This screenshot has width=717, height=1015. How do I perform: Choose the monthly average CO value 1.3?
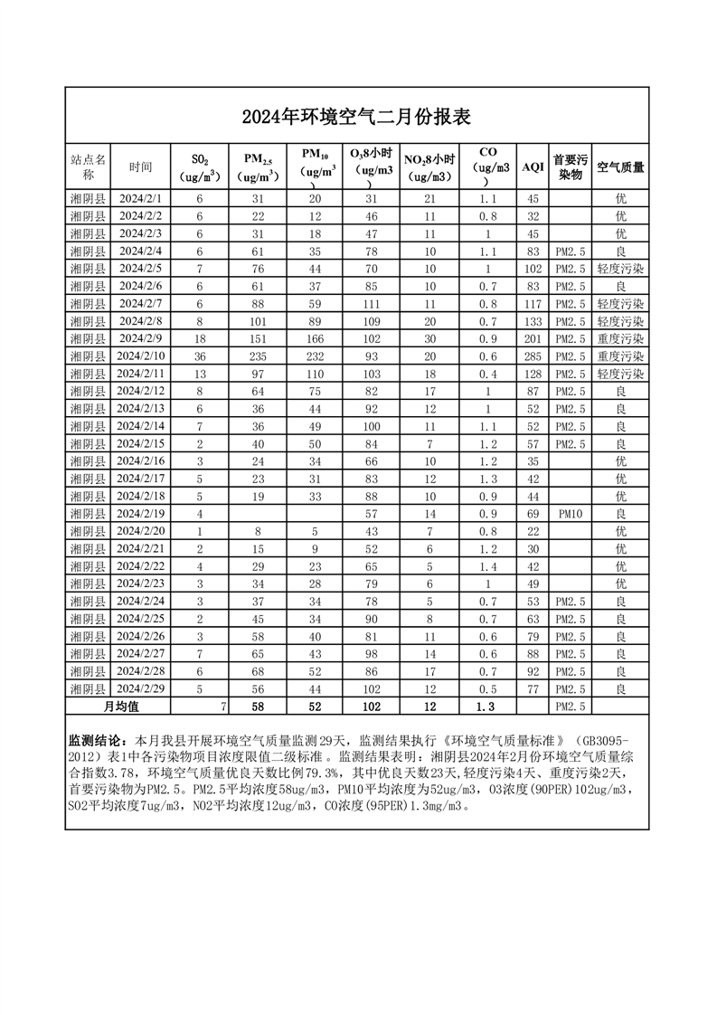pos(488,706)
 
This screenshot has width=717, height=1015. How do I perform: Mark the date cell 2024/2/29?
pos(141,688)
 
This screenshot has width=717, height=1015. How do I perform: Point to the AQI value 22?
pos(533,531)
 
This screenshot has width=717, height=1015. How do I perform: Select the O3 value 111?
pos(372,301)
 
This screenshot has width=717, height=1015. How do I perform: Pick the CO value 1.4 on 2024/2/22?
pos(488,565)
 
